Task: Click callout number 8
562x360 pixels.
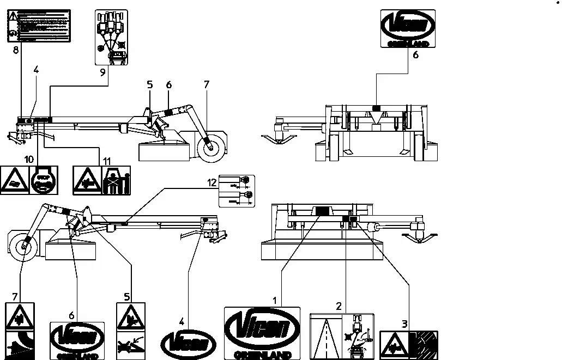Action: pos(16,51)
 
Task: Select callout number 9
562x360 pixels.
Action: pos(102,71)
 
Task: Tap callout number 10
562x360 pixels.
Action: pos(28,158)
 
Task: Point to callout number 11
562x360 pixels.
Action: pos(107,161)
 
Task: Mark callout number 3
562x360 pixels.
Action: pos(404,324)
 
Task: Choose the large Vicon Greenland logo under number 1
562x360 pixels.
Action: pos(262,333)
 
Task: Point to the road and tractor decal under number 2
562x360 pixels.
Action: pos(341,336)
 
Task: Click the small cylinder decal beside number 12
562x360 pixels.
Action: pos(236,191)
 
